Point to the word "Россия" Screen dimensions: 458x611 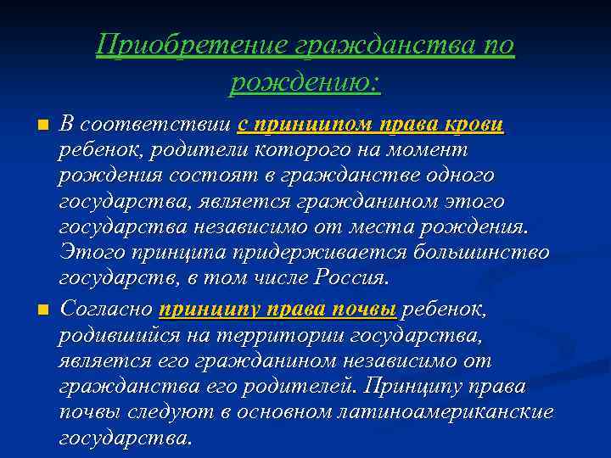point(351,278)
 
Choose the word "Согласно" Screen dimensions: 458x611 point(106,309)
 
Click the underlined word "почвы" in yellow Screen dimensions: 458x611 point(366,309)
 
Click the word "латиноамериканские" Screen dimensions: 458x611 point(451,412)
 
